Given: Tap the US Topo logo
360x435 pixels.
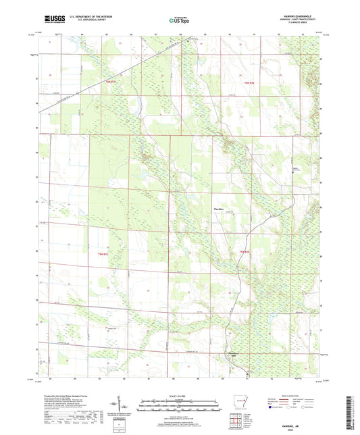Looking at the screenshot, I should tap(178, 21).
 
